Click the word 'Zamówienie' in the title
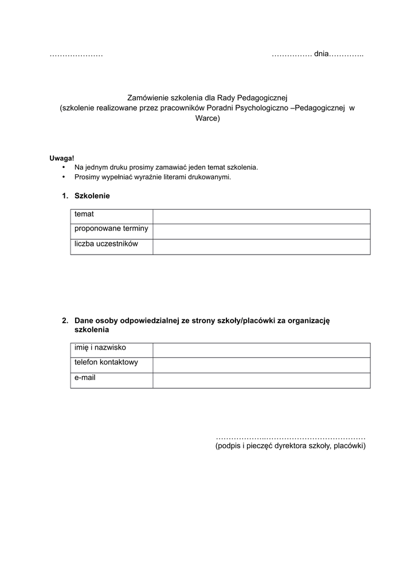[148, 98]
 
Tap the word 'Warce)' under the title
[207, 119]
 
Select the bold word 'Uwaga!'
[62, 158]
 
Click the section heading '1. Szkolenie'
[86, 196]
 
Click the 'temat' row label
[84, 214]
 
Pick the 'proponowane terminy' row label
[111, 229]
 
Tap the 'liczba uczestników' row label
[107, 244]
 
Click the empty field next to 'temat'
[261, 217]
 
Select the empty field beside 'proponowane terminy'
[261, 232]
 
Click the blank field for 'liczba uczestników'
[261, 247]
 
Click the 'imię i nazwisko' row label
[100, 347]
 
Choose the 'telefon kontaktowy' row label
[106, 362]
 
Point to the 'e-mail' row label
[85, 378]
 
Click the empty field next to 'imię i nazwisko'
[261, 350]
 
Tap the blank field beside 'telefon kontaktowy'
[261, 365]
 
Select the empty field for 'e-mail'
[261, 381]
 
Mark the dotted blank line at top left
[76, 55]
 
